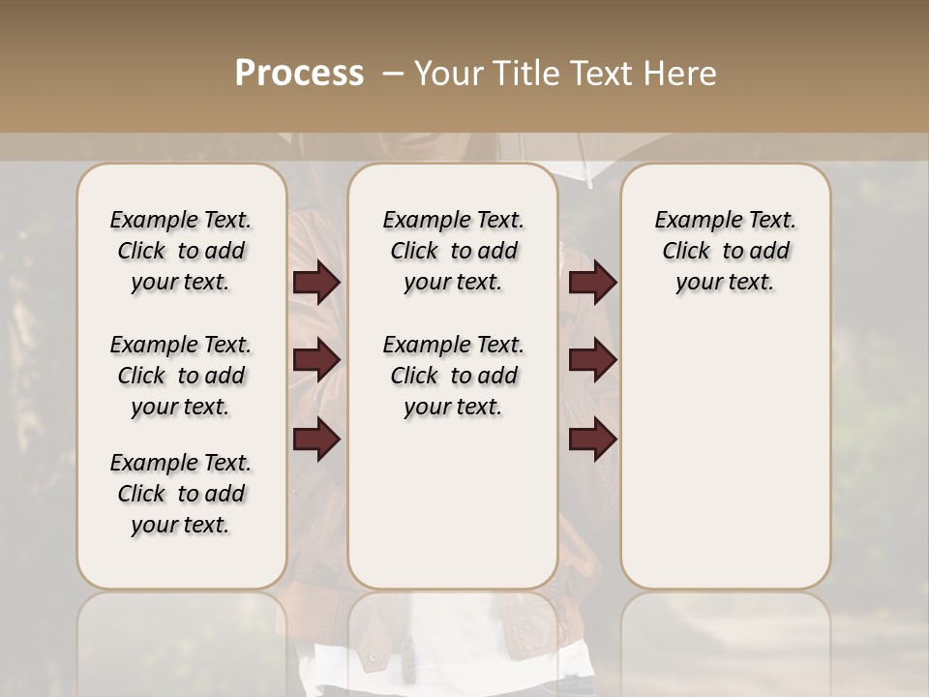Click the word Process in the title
click(x=299, y=73)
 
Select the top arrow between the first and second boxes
click(x=316, y=283)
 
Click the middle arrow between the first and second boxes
click(x=316, y=360)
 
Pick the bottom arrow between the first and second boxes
click(x=316, y=440)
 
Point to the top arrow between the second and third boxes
click(x=592, y=283)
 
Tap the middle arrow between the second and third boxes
click(x=592, y=360)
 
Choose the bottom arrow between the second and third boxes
click(x=592, y=440)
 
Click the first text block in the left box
click(x=181, y=251)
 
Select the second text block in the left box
click(x=181, y=376)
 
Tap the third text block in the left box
click(x=181, y=494)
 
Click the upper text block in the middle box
click(x=453, y=251)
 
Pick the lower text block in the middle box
click(x=453, y=376)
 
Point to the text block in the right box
click(x=725, y=251)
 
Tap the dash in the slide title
click(x=391, y=74)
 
